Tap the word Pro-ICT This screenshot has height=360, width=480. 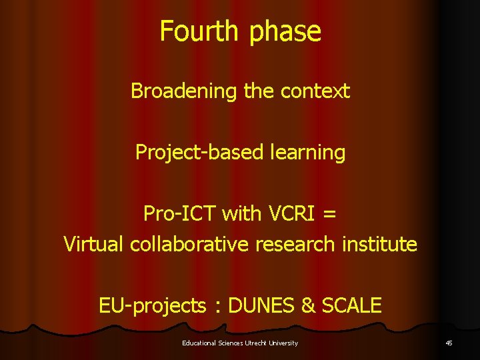[179, 214]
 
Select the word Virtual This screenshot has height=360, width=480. [94, 244]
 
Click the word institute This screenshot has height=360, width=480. [382, 244]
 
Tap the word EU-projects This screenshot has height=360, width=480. [152, 306]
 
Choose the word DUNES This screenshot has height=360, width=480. [261, 306]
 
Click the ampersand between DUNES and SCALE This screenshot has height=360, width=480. [308, 306]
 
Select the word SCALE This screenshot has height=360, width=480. [351, 306]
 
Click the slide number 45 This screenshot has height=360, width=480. [448, 343]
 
